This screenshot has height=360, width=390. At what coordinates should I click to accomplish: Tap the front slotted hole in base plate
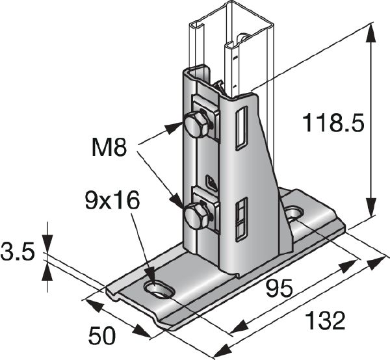click(x=156, y=288)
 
